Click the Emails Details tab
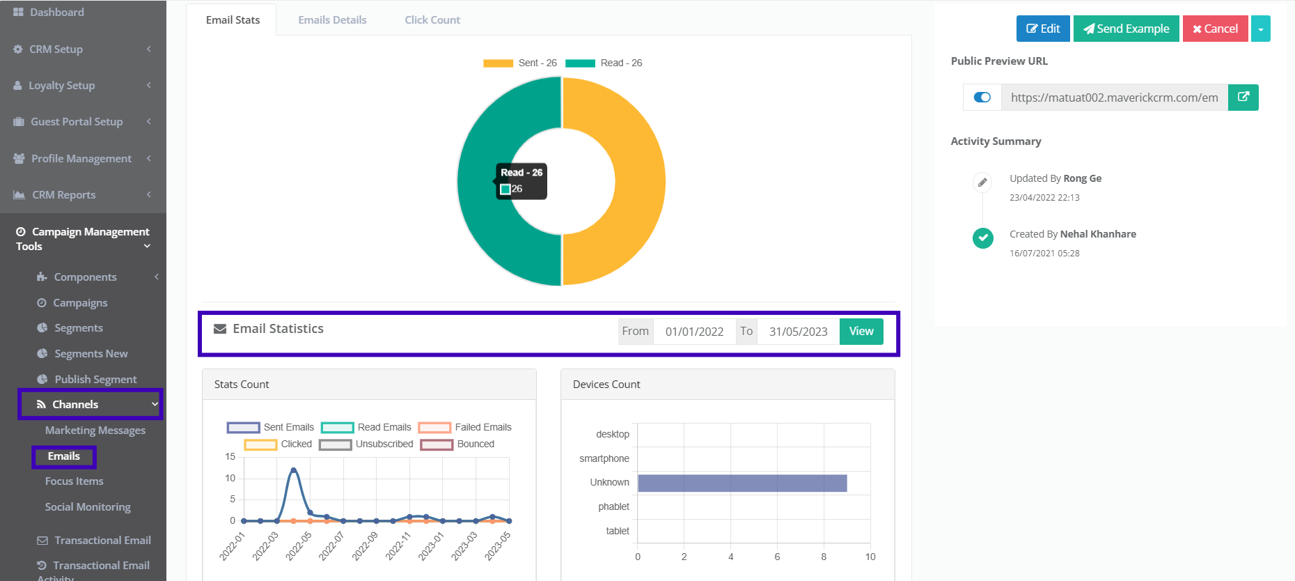click(332, 20)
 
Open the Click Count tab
click(432, 20)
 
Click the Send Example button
click(1126, 29)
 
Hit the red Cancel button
click(1215, 29)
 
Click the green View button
click(861, 332)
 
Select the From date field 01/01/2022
click(694, 332)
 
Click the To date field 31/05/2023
click(798, 332)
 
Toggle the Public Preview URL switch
click(982, 98)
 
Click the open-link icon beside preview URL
click(1243, 98)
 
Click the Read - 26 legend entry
click(604, 63)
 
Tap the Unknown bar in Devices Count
click(741, 483)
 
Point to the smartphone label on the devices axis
click(604, 458)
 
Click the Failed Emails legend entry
click(465, 427)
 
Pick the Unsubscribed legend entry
click(366, 444)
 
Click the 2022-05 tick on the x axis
click(298, 546)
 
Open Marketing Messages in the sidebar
click(95, 431)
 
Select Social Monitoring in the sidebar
click(88, 507)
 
